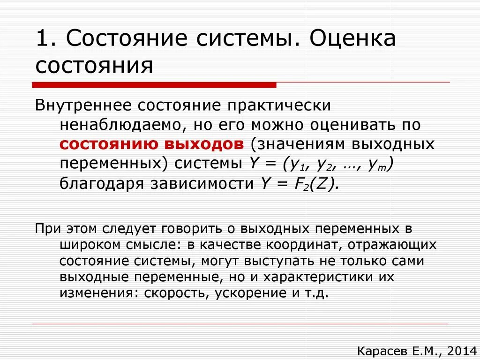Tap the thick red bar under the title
(x=154, y=85)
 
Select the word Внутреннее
(x=84, y=105)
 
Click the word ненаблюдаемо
(x=118, y=125)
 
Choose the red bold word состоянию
(x=107, y=144)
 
